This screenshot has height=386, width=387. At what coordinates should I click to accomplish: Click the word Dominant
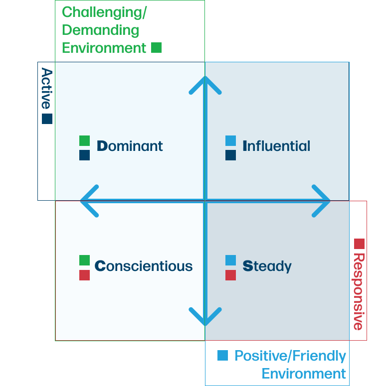pyautogui.click(x=130, y=146)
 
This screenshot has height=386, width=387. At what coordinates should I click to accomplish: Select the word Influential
pyautogui.click(x=276, y=146)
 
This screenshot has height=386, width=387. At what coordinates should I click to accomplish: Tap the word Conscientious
pyautogui.click(x=144, y=266)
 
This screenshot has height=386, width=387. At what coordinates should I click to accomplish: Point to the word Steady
pyautogui.click(x=267, y=266)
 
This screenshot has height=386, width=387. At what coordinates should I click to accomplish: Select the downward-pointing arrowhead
pyautogui.click(x=205, y=318)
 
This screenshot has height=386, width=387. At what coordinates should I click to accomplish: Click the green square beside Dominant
pyautogui.click(x=84, y=140)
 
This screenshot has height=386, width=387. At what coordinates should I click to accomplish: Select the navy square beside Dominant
pyautogui.click(x=84, y=155)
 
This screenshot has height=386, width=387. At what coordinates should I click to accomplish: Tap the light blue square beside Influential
pyautogui.click(x=230, y=140)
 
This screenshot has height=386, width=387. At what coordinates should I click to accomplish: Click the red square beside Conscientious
pyautogui.click(x=84, y=275)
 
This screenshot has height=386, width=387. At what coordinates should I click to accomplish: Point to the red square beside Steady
pyautogui.click(x=230, y=275)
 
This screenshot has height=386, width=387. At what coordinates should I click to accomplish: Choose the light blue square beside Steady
pyautogui.click(x=230, y=260)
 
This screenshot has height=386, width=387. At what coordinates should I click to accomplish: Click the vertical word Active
pyautogui.click(x=46, y=89)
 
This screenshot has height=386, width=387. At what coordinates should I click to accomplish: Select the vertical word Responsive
pyautogui.click(x=359, y=291)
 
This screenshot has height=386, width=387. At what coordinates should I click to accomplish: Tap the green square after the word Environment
pyautogui.click(x=156, y=48)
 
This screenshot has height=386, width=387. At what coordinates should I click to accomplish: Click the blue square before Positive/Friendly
pyautogui.click(x=222, y=356)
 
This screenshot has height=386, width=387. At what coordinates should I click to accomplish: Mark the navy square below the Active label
pyautogui.click(x=47, y=119)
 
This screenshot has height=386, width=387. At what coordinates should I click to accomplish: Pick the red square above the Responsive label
pyautogui.click(x=359, y=244)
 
